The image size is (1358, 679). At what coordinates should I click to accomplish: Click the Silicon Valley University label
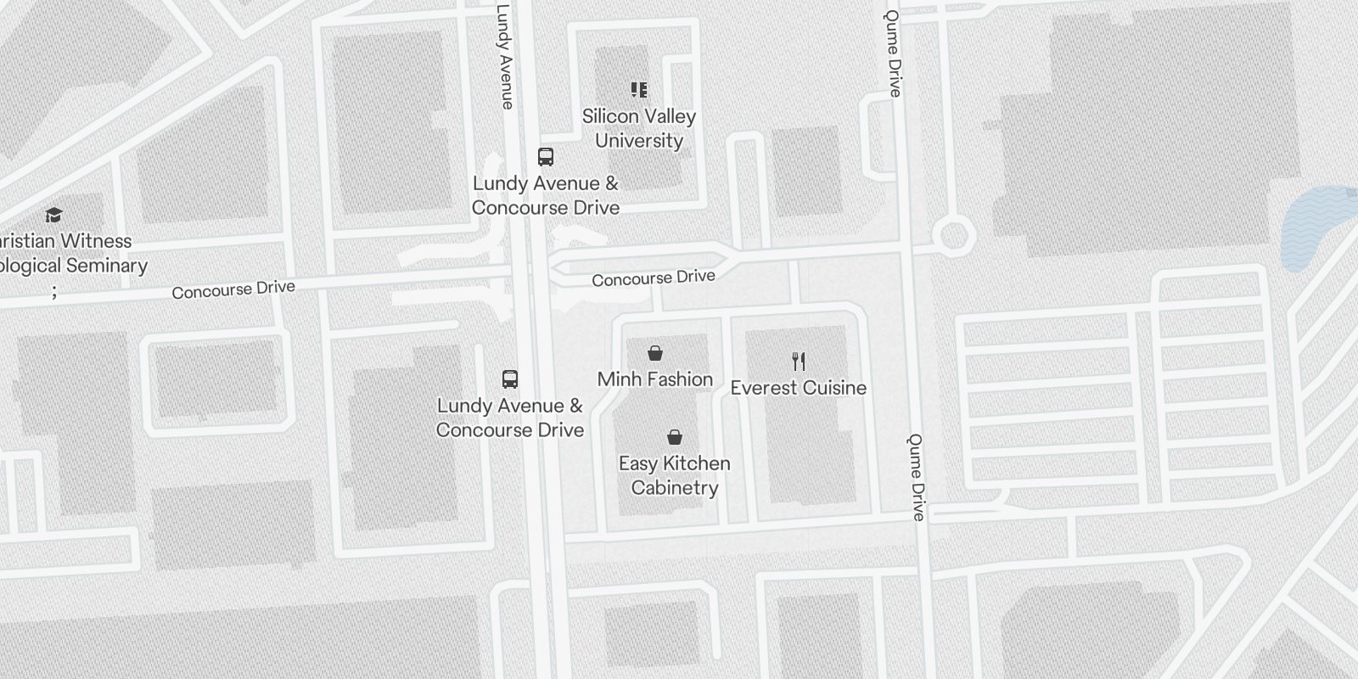639,128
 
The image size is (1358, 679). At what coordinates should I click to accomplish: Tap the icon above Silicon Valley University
639,89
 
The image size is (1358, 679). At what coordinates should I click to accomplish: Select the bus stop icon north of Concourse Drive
546,157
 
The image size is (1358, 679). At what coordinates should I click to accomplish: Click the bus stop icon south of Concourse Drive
510,379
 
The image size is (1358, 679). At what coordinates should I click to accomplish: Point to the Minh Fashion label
654,379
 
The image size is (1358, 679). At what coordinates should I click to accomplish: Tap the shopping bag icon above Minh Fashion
655,353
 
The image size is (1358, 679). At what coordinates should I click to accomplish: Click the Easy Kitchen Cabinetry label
675,475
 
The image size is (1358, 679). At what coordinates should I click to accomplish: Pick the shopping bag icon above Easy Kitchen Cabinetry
675,437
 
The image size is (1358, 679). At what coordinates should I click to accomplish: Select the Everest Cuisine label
798,388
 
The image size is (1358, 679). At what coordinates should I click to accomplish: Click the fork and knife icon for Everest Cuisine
798,362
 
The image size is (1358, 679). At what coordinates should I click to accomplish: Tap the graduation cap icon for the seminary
54,215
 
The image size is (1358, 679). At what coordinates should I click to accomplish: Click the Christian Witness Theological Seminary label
68,253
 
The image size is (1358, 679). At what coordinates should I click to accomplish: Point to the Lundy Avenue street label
505,57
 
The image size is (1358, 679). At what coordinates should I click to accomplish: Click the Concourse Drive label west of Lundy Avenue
233,289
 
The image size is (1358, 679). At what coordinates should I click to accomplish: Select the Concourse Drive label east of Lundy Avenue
653,278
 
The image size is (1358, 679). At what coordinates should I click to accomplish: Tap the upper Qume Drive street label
893,53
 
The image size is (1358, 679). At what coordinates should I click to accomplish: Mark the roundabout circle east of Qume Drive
953,235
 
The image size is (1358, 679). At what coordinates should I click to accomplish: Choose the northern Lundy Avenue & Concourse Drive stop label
546,195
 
